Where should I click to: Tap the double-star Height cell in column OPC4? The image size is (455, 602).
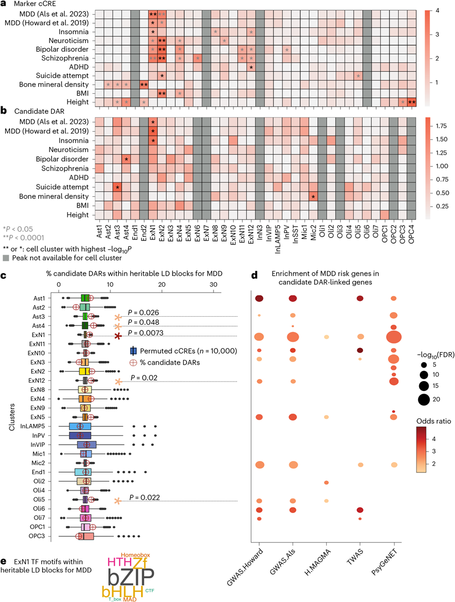(412, 102)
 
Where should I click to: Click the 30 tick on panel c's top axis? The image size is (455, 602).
(214, 284)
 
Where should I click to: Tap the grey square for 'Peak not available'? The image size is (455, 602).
(6, 258)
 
